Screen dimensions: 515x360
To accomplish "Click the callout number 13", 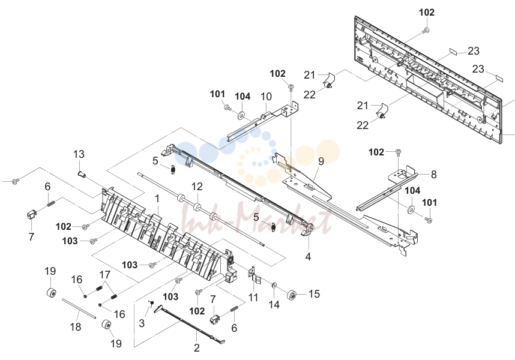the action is pyautogui.click(x=79, y=154).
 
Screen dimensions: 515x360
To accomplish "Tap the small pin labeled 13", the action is pyautogui.click(x=82, y=174).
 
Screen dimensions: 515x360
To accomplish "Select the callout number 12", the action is pyautogui.click(x=197, y=187).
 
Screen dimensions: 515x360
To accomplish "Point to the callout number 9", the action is pyautogui.click(x=321, y=161).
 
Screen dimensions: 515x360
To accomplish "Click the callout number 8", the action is pyautogui.click(x=433, y=175).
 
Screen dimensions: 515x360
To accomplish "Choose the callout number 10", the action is pyautogui.click(x=266, y=97).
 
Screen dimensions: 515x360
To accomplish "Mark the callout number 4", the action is pyautogui.click(x=308, y=257).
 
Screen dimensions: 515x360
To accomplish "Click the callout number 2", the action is pyautogui.click(x=196, y=347).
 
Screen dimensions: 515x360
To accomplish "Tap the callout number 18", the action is pyautogui.click(x=76, y=326).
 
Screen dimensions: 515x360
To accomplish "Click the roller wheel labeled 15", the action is pyautogui.click(x=291, y=295).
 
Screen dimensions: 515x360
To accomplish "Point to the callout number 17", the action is pyautogui.click(x=105, y=275).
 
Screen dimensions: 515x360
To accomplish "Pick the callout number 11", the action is pyautogui.click(x=253, y=298).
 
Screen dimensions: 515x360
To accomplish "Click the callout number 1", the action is pyautogui.click(x=157, y=199).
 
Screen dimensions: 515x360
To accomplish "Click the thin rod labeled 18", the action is pyautogui.click(x=79, y=308).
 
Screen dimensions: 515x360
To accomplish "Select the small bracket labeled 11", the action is pyautogui.click(x=255, y=275).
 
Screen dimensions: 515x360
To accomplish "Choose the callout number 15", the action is pyautogui.click(x=314, y=294).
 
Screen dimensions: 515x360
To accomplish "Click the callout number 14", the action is pyautogui.click(x=274, y=305).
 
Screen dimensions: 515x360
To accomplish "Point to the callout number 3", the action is pyautogui.click(x=142, y=323).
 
